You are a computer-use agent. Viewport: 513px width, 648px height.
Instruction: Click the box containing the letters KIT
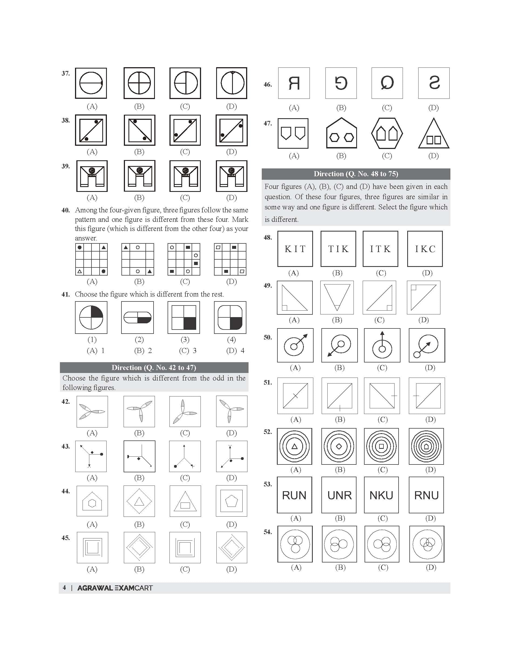click(x=295, y=249)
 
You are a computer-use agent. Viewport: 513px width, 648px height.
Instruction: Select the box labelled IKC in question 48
click(x=425, y=249)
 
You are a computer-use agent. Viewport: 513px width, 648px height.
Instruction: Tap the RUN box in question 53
click(x=294, y=495)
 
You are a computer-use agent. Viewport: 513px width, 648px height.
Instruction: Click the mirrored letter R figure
click(x=294, y=83)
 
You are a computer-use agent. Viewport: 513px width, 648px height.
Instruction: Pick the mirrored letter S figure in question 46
click(x=434, y=83)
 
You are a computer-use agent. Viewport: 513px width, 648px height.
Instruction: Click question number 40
click(x=66, y=210)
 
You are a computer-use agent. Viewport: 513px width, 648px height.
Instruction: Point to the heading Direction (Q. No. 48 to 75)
click(x=356, y=174)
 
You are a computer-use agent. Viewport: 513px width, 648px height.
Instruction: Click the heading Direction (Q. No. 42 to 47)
click(x=154, y=367)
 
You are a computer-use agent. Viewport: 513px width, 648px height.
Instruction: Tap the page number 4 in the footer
click(x=64, y=588)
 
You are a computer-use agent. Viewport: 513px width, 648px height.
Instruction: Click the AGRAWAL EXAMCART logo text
click(x=115, y=588)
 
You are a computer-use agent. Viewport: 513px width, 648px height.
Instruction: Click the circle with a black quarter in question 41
click(x=91, y=318)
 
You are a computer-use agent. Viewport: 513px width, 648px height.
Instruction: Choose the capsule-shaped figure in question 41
click(x=137, y=318)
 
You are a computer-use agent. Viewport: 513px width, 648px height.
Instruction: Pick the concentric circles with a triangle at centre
click(x=294, y=446)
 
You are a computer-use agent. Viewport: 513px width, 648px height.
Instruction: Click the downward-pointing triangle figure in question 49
click(x=337, y=297)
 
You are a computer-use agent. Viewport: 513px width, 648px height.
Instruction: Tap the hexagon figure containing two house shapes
click(x=387, y=133)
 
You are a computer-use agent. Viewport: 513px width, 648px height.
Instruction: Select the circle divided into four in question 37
click(x=139, y=83)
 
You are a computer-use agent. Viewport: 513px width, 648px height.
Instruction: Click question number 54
click(x=268, y=532)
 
